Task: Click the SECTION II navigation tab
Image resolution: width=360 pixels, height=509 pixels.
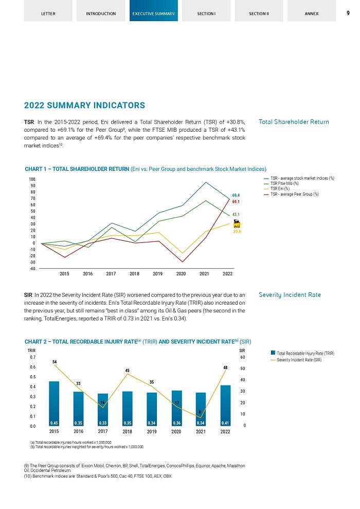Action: pos(259,13)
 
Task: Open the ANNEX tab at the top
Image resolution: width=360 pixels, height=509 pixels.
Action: pos(311,13)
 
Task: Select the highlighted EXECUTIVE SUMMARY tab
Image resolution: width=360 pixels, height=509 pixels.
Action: pos(153,13)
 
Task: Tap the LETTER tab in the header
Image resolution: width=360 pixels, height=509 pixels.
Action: pos(48,13)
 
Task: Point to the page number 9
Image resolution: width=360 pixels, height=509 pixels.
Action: pos(348,12)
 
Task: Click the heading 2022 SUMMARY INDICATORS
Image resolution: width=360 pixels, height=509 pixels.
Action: pos(85,106)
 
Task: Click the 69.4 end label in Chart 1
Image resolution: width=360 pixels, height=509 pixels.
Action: pos(236,196)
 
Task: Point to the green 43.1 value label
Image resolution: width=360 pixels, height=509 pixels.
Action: pos(236,214)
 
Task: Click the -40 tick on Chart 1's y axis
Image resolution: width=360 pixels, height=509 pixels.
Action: pos(32,269)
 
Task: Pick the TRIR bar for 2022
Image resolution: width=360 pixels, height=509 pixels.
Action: pos(225,405)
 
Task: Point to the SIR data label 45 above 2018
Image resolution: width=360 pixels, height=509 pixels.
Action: pos(128,371)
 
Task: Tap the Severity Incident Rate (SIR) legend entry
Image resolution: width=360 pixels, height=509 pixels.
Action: pos(299,360)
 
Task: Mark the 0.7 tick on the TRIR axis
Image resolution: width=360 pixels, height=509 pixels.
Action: pos(32,357)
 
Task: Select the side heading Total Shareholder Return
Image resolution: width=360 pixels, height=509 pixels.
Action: pos(294,122)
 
